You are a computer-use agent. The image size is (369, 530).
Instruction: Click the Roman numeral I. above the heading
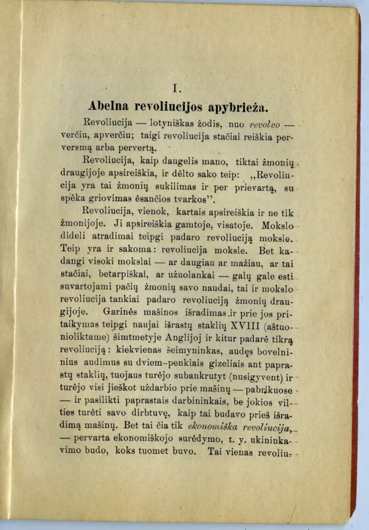(176, 87)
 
